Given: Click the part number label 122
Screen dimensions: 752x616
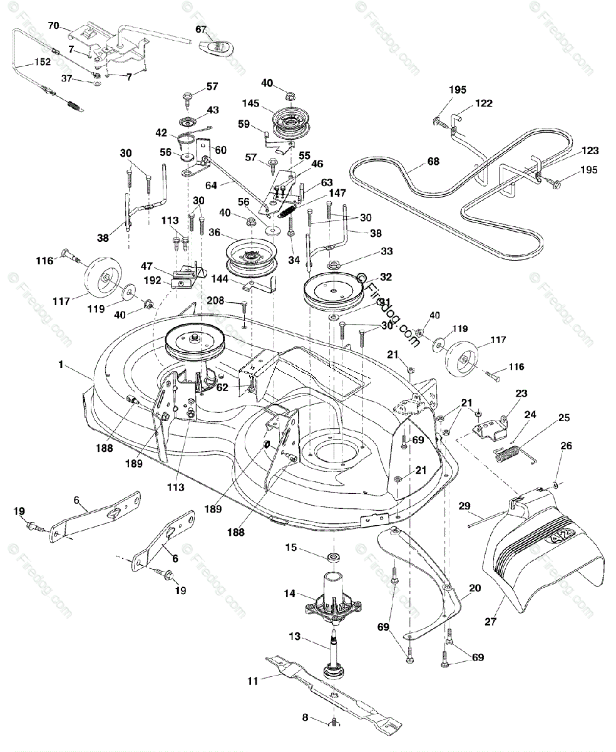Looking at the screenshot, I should (484, 103).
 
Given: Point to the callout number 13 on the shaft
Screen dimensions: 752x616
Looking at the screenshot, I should (295, 637).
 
